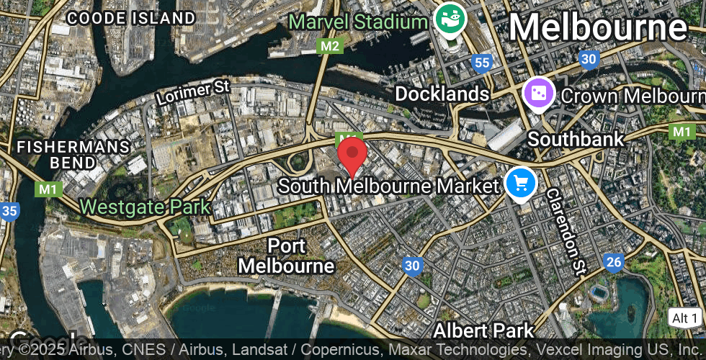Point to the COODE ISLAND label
132,18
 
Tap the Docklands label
442,94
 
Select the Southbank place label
576,138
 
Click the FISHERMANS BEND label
73,155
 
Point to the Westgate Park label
145,207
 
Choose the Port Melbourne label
286,256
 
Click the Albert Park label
483,330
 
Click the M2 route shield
329,46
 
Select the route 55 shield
483,63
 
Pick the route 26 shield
614,262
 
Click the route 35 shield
9,212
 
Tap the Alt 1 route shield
684,318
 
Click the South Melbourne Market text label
388,186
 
